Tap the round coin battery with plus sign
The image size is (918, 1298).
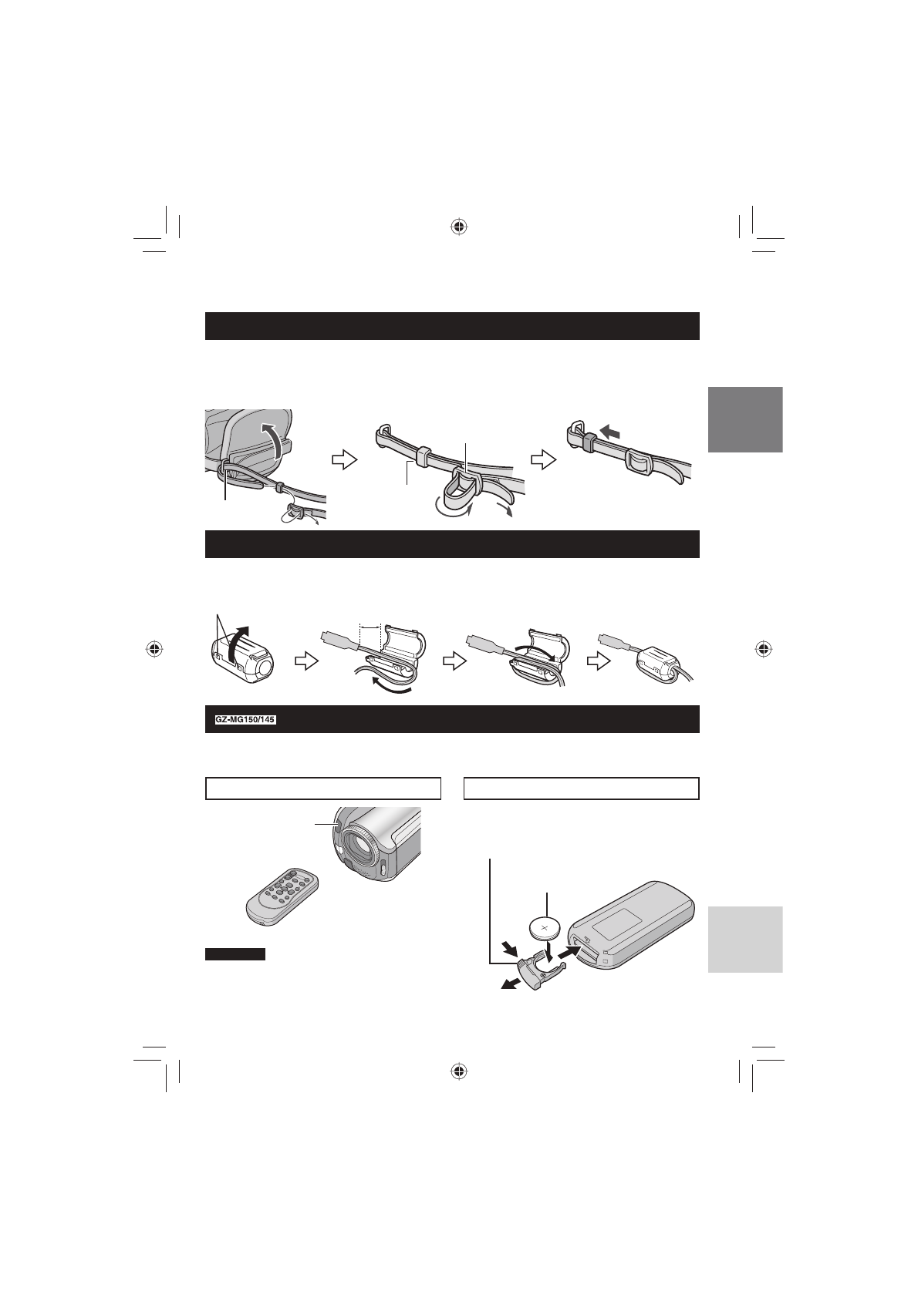[545, 926]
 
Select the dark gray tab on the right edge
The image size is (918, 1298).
[744, 419]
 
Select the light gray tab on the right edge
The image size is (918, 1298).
[744, 939]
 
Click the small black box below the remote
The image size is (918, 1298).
[235, 954]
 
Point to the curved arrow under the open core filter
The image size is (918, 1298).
[388, 685]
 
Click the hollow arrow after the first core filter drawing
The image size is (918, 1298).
[308, 661]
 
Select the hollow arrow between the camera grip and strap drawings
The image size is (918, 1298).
[341, 459]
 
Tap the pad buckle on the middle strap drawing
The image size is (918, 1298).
[462, 491]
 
